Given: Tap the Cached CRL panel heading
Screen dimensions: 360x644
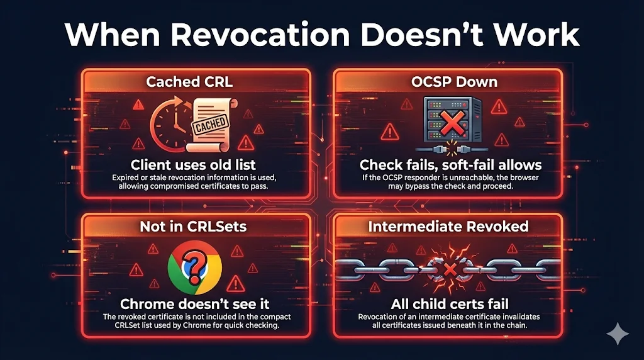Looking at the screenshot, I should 188,82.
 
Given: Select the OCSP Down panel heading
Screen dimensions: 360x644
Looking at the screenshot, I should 446,82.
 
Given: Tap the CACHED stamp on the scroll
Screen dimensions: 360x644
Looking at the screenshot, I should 211,124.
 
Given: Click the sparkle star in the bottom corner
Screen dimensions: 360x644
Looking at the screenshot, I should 618,334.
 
